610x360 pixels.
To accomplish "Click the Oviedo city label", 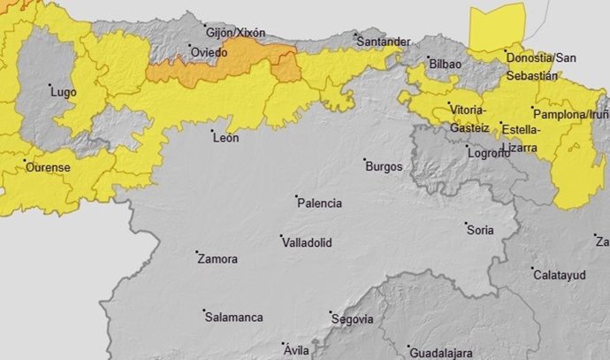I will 210,53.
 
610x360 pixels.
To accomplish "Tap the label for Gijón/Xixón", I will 234,33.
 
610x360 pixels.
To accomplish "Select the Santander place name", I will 384,42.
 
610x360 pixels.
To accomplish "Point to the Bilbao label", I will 445,65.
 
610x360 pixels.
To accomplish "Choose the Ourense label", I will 48,166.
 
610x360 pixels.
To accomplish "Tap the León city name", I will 226,137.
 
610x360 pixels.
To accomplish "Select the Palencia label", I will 319,203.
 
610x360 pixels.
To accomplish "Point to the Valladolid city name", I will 307,241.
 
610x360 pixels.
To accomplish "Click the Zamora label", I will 217,259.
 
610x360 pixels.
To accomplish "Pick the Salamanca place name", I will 233,317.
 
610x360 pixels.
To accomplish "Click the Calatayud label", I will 560,275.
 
